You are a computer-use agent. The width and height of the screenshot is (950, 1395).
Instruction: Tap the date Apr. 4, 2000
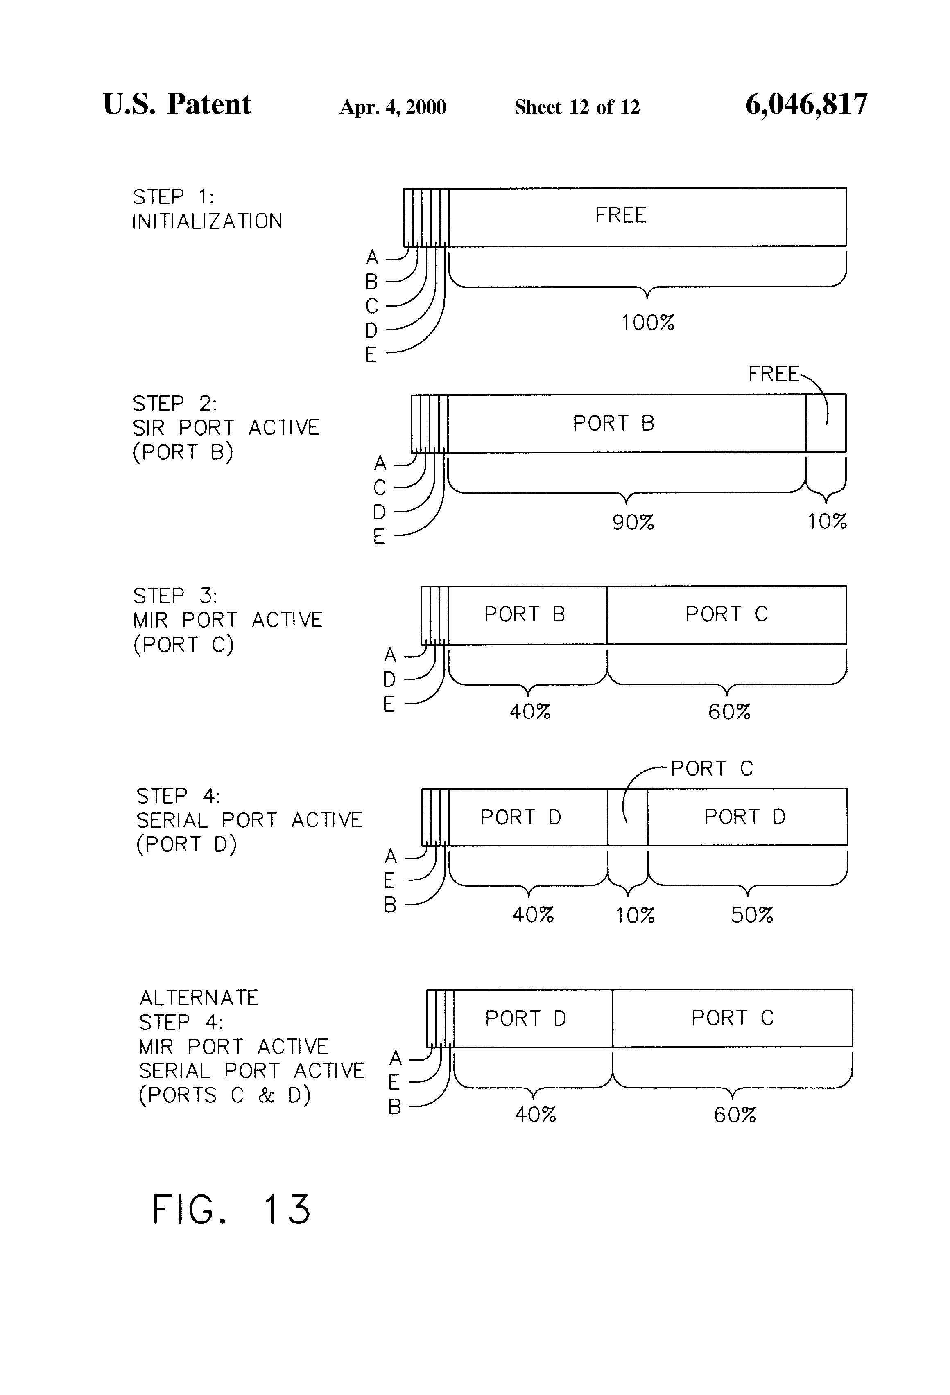(x=393, y=107)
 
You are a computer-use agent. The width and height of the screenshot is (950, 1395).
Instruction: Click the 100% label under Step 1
(x=647, y=323)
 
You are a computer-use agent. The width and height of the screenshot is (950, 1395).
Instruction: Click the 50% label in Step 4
(x=752, y=915)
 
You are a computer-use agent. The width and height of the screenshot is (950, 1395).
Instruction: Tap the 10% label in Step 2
(x=826, y=521)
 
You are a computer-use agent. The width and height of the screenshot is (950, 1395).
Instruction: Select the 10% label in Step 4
(x=635, y=915)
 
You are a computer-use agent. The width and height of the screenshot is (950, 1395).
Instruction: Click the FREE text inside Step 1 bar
(x=621, y=215)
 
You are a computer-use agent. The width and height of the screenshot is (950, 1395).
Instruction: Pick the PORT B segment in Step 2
(x=613, y=424)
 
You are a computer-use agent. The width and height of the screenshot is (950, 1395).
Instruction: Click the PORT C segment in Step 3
(x=726, y=614)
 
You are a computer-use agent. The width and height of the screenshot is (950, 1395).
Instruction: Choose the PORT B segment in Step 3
(x=525, y=614)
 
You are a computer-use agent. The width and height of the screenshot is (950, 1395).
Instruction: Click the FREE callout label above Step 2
(x=774, y=375)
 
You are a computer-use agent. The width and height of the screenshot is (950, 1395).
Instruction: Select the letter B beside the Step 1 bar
(x=372, y=282)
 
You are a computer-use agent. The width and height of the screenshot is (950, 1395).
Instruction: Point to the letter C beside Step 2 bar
(x=380, y=488)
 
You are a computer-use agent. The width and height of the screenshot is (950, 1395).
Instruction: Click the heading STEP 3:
(x=175, y=596)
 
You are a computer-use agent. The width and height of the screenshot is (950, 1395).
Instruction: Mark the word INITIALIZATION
(x=207, y=221)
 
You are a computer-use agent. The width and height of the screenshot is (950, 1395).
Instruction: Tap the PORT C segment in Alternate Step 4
(x=732, y=1018)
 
